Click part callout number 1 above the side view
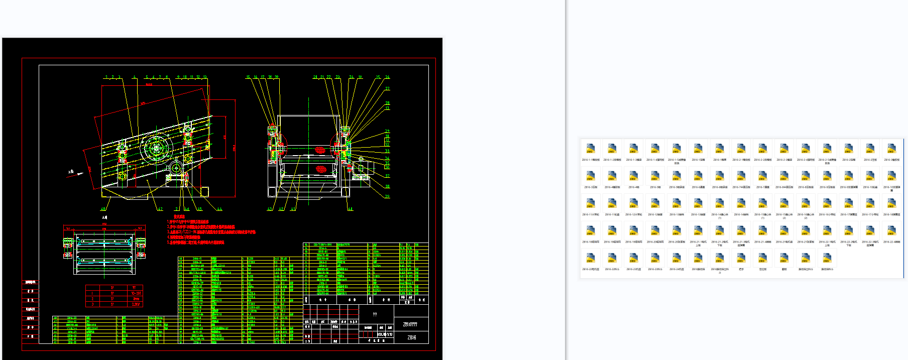click(106, 77)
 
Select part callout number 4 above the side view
click(134, 77)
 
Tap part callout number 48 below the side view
click(103, 209)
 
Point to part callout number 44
click(219, 209)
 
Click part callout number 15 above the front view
click(248, 77)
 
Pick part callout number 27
click(387, 88)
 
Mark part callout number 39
click(387, 196)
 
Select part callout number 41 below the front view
click(293, 209)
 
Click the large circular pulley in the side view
click(157, 148)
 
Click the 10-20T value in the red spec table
click(136, 293)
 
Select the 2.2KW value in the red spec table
click(136, 304)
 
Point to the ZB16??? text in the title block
click(410, 324)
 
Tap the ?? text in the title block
click(375, 314)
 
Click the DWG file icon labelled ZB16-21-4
click(762, 232)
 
